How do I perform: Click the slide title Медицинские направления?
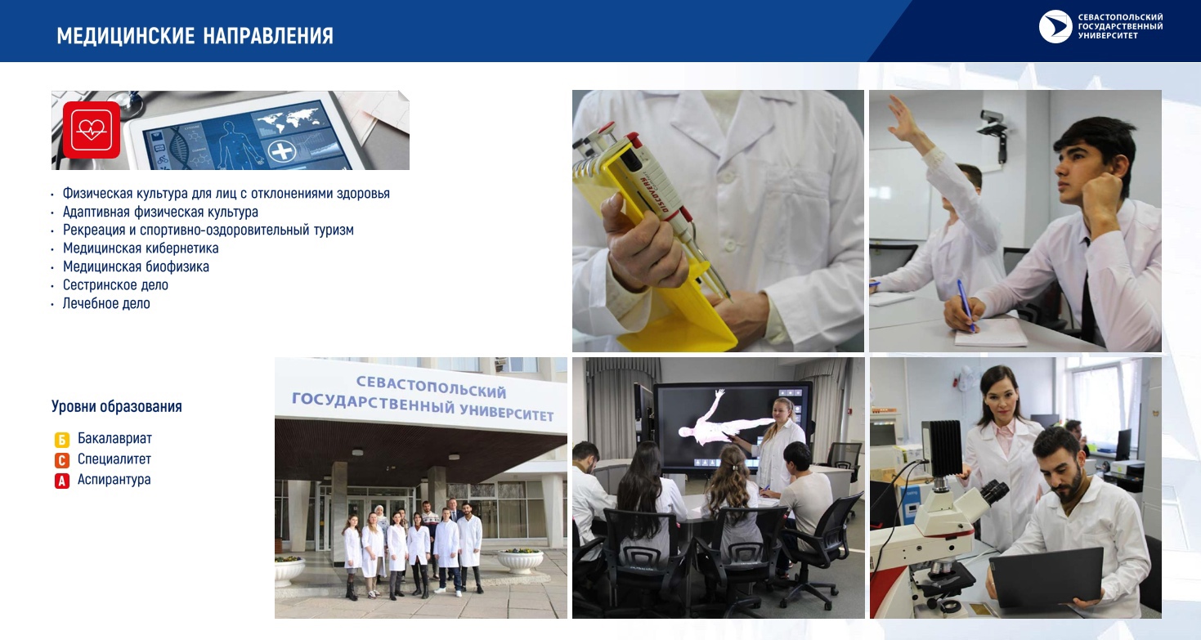pos(195,36)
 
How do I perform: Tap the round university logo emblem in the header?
pos(1055,26)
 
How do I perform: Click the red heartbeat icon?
pos(91,130)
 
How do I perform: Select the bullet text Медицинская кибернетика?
pos(141,248)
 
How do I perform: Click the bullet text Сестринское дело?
pos(115,284)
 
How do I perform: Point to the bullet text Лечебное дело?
pos(106,303)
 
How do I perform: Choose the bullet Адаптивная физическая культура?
pos(160,212)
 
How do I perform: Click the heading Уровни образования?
pos(116,406)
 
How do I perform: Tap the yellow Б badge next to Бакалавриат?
pos(61,440)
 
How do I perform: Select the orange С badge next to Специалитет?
pos(61,460)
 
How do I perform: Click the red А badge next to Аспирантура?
pos(61,481)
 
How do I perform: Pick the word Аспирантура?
pos(114,479)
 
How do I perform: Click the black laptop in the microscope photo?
pos(1045,579)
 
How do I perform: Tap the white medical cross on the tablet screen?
pos(282,151)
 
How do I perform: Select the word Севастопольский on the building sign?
pos(431,387)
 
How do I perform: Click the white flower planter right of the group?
pos(519,560)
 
